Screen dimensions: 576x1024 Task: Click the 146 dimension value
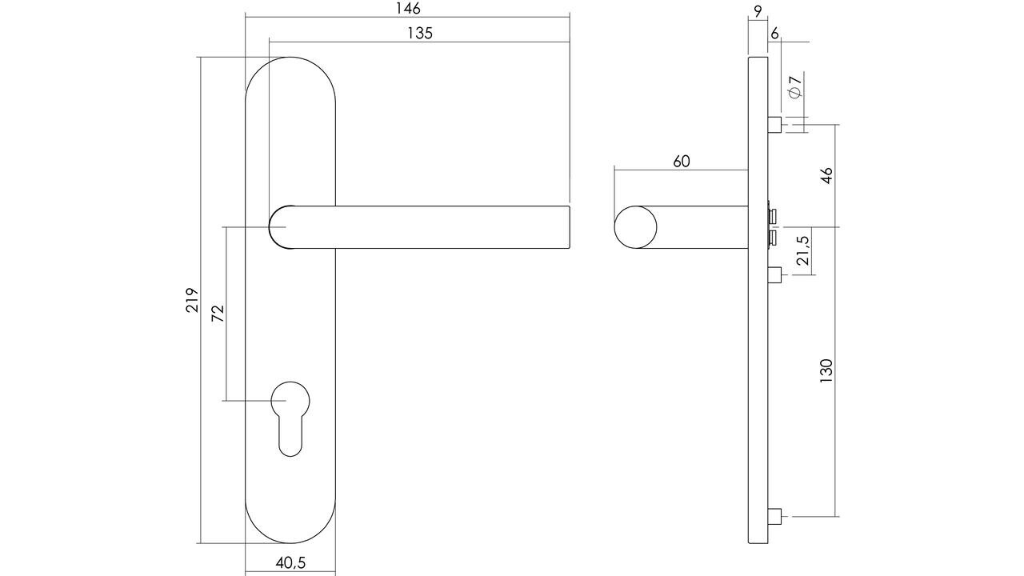pos(407,9)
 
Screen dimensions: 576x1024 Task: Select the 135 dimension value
pos(419,33)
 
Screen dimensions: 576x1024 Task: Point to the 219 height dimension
pos(192,300)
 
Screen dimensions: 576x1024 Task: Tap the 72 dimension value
pos(218,313)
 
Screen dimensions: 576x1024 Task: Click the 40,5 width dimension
pos(290,562)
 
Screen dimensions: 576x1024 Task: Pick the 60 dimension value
pos(681,161)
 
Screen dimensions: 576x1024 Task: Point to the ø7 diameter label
pos(794,86)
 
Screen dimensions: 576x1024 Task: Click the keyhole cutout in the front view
pos(290,416)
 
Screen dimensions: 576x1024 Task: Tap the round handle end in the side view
pos(636,226)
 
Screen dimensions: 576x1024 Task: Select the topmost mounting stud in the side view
pos(774,126)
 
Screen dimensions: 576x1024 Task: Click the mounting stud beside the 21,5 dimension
pos(774,276)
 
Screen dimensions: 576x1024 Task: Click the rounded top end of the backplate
pos(290,76)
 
